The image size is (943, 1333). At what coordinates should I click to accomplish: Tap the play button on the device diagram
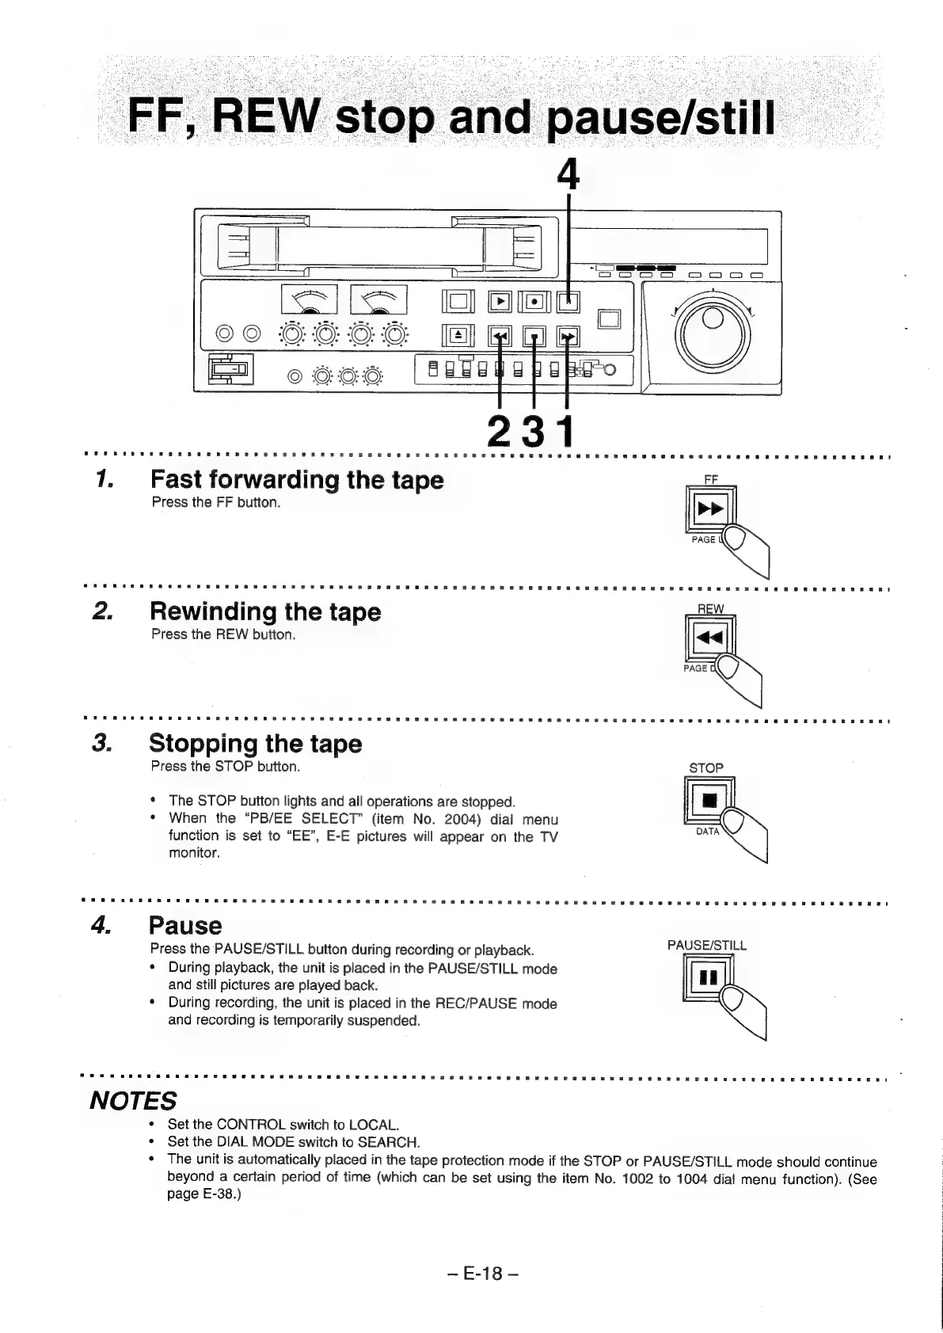[x=500, y=303]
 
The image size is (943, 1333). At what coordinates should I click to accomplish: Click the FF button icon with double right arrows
[x=709, y=509]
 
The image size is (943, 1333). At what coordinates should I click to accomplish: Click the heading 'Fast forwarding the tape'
[x=297, y=480]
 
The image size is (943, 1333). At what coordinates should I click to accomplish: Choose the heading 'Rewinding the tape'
[x=264, y=611]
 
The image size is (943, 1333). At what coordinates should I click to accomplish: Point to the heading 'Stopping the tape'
[x=255, y=744]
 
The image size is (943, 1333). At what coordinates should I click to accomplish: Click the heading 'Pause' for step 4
[x=185, y=925]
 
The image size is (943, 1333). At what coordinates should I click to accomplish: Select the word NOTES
[x=133, y=1100]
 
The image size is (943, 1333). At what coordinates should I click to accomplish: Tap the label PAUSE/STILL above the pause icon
[x=707, y=945]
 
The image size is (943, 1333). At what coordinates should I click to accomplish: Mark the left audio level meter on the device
[x=310, y=301]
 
